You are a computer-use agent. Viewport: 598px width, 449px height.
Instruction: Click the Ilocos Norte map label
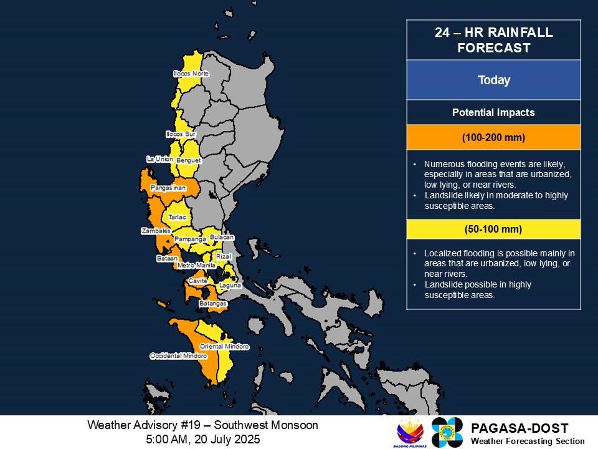191,74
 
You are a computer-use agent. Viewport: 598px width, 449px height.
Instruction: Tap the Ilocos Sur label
181,134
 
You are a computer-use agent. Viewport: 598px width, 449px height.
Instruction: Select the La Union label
159,159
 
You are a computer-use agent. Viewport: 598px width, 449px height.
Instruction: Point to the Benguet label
189,160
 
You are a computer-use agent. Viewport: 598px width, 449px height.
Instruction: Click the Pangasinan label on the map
168,187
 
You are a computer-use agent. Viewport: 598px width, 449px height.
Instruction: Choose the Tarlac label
178,217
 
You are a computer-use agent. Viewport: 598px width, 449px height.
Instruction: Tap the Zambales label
156,231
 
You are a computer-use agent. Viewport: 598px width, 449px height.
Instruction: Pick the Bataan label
168,258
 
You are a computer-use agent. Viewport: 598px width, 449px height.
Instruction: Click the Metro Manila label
196,266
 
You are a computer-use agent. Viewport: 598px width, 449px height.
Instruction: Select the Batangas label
212,304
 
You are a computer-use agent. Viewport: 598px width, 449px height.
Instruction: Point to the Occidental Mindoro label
178,355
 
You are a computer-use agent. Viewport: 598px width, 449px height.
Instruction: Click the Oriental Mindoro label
224,346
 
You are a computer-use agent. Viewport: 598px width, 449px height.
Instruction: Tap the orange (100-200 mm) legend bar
493,137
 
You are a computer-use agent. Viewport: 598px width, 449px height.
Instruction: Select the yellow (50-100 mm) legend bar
493,229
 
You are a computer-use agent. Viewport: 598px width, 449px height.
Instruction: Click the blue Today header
493,80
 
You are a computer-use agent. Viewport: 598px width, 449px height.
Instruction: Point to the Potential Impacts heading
493,113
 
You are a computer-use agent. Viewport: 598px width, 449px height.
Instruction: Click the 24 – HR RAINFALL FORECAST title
493,41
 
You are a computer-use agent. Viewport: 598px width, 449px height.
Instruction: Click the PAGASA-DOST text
520,428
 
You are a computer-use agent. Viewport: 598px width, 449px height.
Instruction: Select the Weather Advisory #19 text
202,425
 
